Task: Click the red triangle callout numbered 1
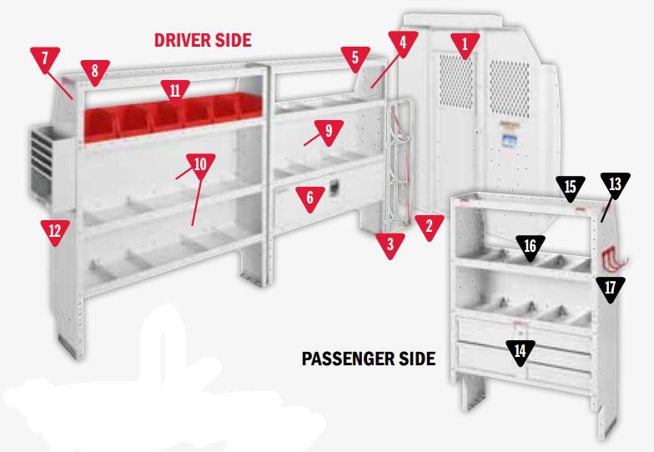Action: pos(465,45)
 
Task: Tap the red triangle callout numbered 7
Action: pos(45,58)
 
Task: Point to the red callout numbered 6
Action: pos(309,198)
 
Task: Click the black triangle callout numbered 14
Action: pos(521,353)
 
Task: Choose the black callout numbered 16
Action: pos(531,248)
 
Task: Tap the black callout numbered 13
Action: pos(616,185)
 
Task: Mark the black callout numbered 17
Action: pos(611,289)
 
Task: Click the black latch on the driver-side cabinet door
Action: pos(335,188)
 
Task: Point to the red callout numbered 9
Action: pos(329,133)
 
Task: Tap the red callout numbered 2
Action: pos(429,227)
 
